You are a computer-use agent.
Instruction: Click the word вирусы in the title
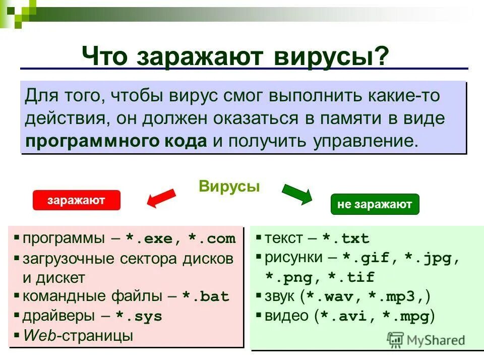click(330, 55)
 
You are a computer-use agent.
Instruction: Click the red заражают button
click(76, 200)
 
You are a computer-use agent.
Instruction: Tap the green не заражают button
click(375, 204)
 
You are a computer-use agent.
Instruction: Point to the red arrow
click(160, 198)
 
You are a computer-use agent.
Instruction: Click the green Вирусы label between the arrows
click(229, 187)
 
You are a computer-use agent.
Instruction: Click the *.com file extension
click(212, 239)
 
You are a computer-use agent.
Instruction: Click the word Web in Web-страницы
click(40, 335)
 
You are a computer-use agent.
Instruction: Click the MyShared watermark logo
click(426, 340)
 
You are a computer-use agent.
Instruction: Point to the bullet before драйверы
click(17, 316)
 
